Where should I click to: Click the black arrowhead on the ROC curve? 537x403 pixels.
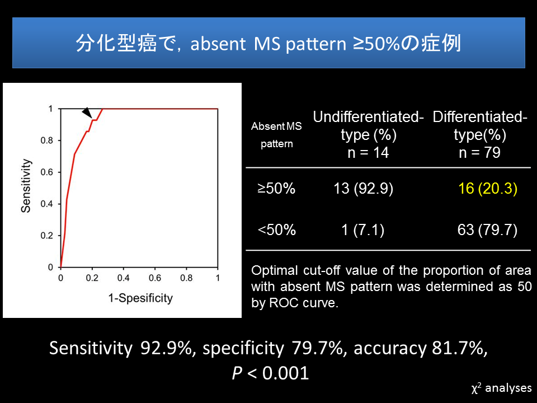88,113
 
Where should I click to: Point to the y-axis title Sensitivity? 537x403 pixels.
26,186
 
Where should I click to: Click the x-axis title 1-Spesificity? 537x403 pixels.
140,298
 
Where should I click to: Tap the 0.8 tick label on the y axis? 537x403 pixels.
47,140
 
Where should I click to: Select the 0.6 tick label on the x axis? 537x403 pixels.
155,278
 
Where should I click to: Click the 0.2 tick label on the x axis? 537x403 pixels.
92,278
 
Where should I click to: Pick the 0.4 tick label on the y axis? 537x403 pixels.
47,204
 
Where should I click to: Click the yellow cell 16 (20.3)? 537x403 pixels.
488,189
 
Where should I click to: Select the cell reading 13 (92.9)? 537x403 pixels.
364,189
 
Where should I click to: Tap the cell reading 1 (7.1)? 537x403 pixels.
363,229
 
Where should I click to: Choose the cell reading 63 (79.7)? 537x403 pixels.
487,229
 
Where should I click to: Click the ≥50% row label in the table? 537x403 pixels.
276,189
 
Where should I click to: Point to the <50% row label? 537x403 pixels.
277,229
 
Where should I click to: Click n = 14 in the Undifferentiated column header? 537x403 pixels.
368,152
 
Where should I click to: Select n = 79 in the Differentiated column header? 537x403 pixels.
480,152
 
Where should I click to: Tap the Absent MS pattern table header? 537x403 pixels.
276,135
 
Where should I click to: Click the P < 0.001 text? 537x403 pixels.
270,373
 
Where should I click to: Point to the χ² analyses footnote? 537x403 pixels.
501,388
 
